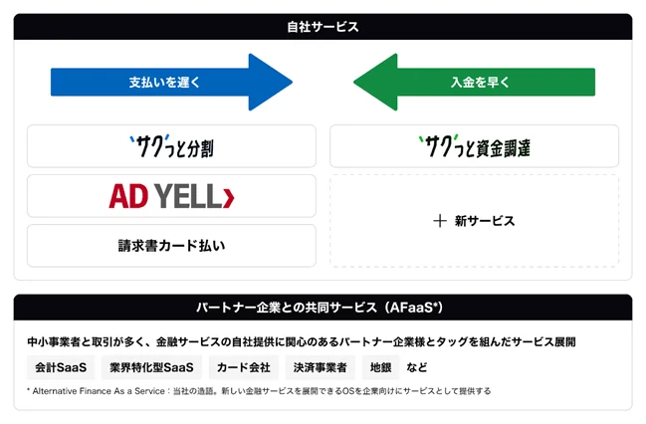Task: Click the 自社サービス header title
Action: (323, 27)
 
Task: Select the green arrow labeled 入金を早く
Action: (474, 82)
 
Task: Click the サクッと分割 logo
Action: (171, 146)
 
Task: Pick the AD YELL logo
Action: (171, 196)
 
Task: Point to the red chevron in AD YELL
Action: (229, 197)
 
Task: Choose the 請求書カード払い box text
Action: (171, 246)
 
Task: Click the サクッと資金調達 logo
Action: (474, 146)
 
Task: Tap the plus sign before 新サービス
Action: (439, 221)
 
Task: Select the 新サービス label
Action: (485, 221)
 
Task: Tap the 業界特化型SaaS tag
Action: (150, 367)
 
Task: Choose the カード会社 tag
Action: (243, 367)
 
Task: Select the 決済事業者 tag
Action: (320, 367)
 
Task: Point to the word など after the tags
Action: (417, 367)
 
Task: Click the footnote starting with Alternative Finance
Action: (259, 391)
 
